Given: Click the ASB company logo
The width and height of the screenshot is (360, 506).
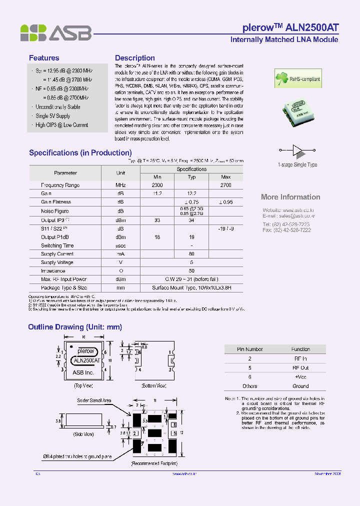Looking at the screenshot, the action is click(55, 33).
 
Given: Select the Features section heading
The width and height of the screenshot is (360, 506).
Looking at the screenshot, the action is click(44, 58).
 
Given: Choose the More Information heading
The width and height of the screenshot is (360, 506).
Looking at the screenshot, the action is click(290, 197).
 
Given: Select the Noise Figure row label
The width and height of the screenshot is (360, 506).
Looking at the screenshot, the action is click(55, 211).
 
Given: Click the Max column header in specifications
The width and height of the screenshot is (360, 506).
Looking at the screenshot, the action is click(225, 177).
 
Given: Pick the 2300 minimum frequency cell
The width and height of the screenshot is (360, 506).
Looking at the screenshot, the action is click(157, 185).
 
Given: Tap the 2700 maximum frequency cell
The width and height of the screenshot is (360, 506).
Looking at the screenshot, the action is click(225, 185).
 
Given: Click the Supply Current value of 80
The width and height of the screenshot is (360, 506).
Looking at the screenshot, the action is click(191, 254).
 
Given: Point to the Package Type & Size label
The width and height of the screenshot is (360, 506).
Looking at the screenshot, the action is click(63, 288).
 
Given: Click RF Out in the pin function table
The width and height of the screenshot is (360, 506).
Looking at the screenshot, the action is click(300, 367).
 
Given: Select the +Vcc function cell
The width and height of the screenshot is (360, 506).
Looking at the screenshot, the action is click(300, 376).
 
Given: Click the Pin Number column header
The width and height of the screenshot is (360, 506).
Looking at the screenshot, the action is click(249, 349).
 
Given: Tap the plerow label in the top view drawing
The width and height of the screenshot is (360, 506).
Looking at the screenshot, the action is click(86, 351).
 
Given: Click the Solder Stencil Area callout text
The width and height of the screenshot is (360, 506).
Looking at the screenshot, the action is click(94, 400).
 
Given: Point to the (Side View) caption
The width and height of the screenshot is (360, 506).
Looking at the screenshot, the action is click(83, 434).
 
